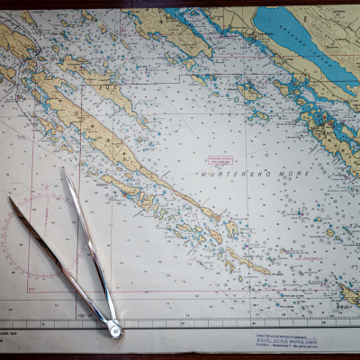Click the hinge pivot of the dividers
click(x=115, y=331)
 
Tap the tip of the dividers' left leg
click(x=9, y=197)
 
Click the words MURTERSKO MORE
click(x=233, y=172)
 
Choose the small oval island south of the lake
click(x=248, y=91)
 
